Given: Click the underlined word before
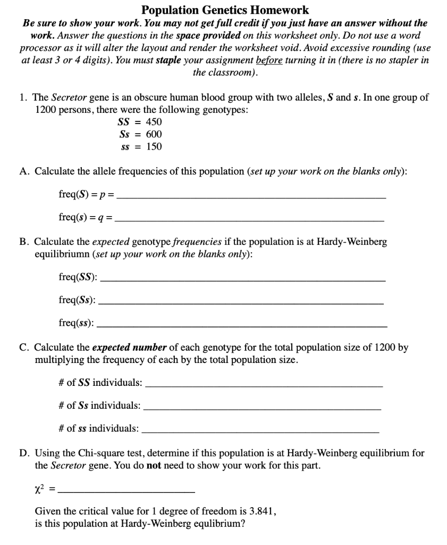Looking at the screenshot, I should point(271,60).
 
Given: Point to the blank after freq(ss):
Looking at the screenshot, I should point(243,323).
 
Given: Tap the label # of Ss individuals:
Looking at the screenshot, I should point(99,406).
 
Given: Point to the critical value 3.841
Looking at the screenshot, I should point(262,511).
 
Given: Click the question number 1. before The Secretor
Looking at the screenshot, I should point(23,98).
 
